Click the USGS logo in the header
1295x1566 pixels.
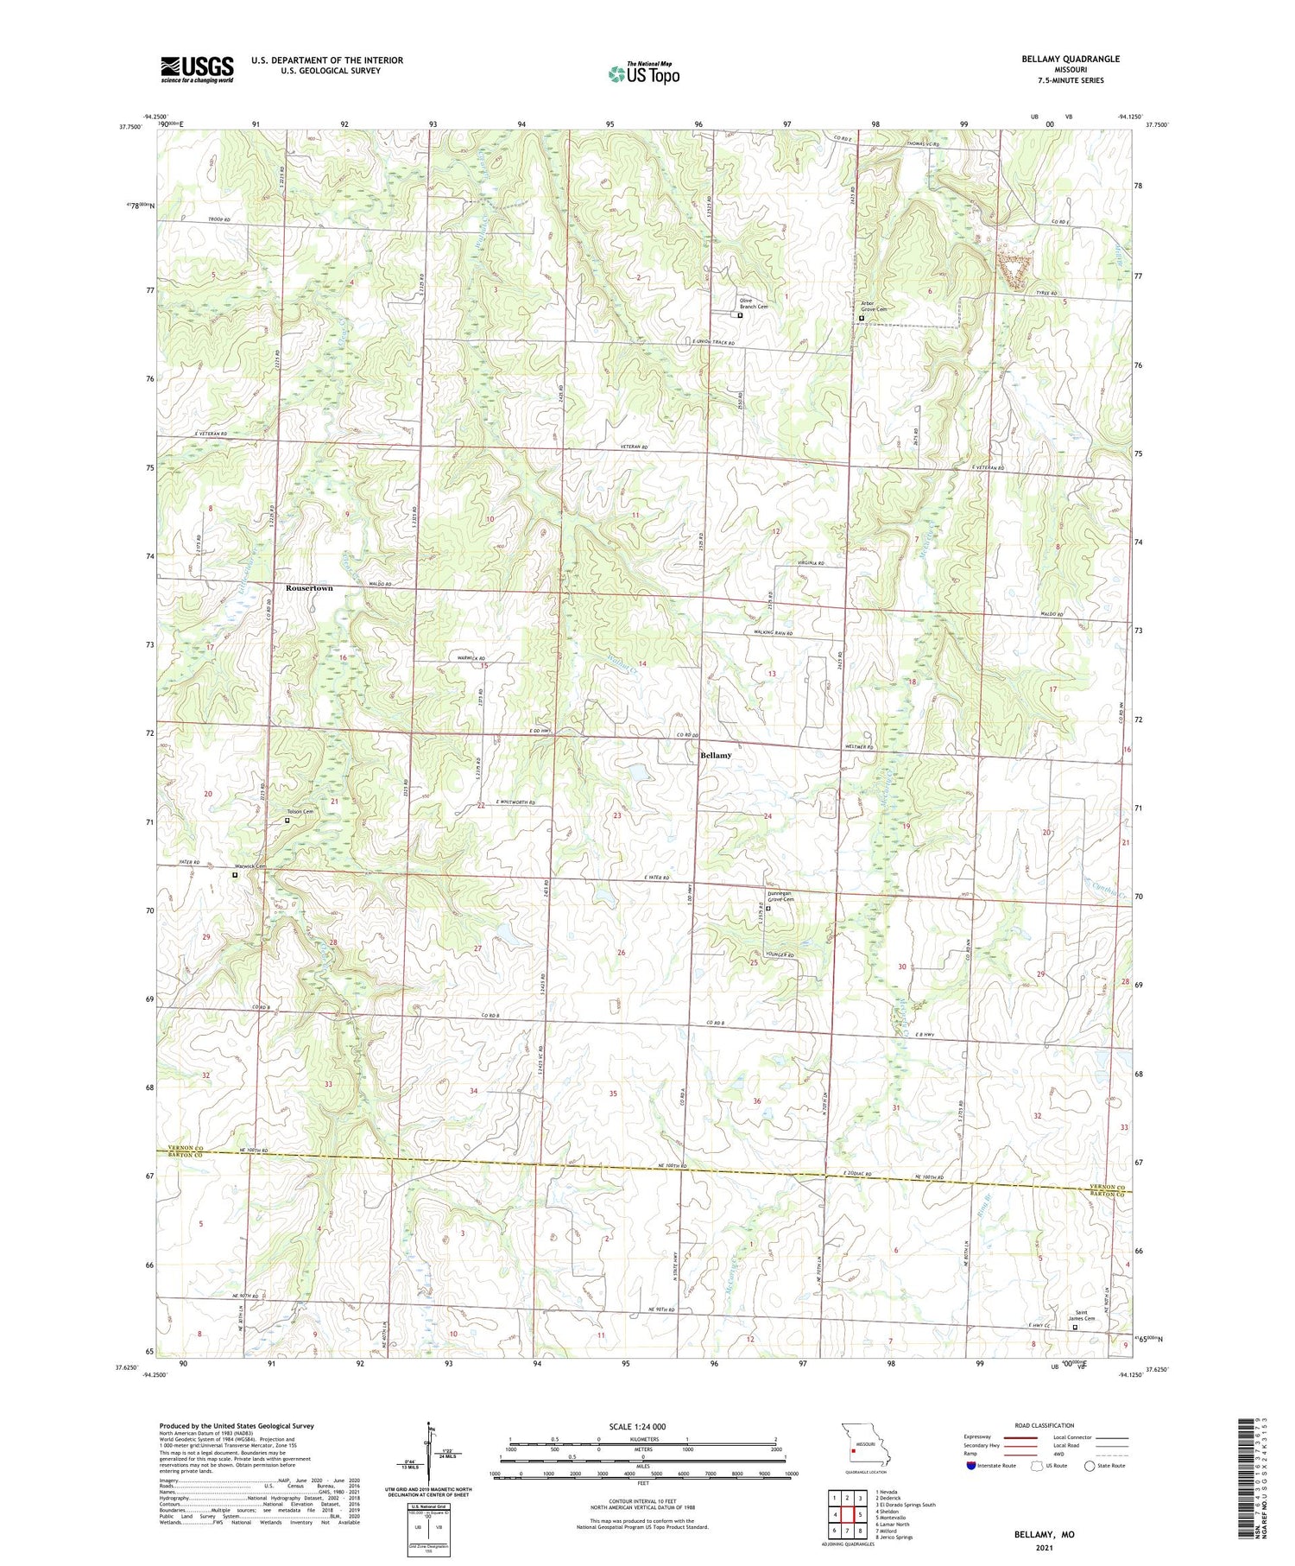pos(197,69)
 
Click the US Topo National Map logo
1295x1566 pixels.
pos(643,73)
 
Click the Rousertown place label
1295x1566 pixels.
pos(309,588)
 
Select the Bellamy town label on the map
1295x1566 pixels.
pos(716,755)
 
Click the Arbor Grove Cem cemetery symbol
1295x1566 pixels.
pos(862,318)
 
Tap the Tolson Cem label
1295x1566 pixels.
pos(300,811)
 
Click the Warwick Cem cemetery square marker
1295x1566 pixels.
pos(235,874)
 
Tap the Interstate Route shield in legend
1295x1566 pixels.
pos(971,1466)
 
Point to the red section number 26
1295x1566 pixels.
pos(621,953)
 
